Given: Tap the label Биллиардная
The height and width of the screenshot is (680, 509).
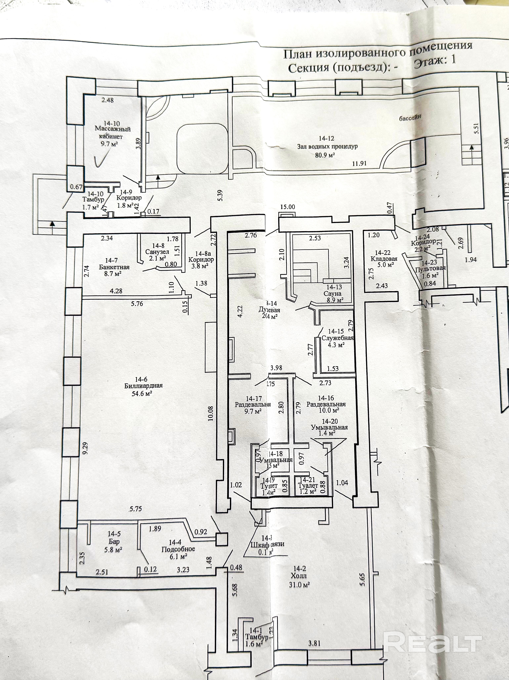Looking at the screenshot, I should click(x=144, y=386).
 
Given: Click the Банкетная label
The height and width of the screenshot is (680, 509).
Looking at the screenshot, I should click(x=114, y=267).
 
